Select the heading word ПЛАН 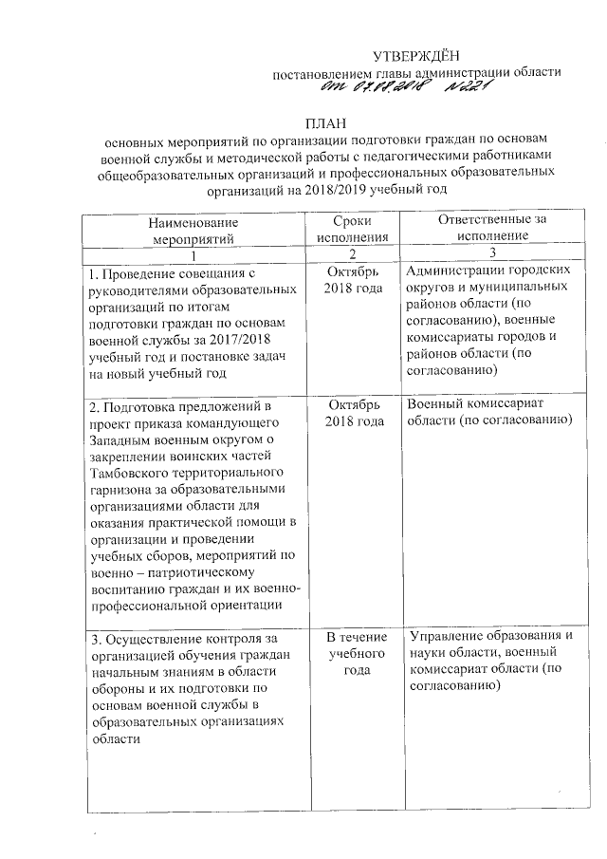tap(325, 124)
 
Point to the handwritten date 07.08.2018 tap(377, 88)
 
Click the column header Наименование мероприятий tap(193, 229)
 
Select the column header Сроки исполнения tap(353, 229)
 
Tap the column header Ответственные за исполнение tap(492, 228)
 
